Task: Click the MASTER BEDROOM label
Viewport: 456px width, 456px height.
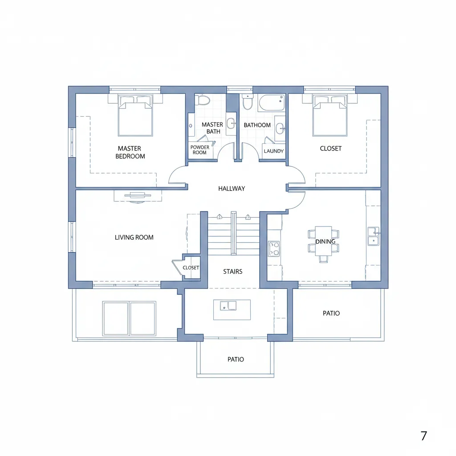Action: coord(130,152)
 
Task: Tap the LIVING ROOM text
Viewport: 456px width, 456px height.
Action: coord(134,237)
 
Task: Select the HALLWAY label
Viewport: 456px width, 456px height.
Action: coord(232,188)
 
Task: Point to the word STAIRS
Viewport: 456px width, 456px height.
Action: coord(232,271)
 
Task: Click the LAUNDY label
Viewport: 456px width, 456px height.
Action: coord(274,151)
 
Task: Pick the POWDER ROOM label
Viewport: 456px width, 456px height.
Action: coord(200,150)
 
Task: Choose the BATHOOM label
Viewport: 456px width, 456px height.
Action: coord(257,125)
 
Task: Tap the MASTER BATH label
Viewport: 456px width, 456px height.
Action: coord(212,128)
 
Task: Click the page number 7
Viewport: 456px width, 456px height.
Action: coord(424,436)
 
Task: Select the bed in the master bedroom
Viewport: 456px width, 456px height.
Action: coord(135,115)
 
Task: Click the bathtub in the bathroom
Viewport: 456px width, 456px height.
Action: coord(271,102)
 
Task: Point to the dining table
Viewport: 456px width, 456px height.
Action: coord(323,241)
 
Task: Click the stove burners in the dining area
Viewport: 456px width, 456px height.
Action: coord(274,248)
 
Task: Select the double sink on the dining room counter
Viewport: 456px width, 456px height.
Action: coord(374,236)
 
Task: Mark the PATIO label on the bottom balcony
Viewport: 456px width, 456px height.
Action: coord(236,359)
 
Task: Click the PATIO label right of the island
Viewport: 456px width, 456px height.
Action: coord(331,313)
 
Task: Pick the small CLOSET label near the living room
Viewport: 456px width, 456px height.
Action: coord(191,268)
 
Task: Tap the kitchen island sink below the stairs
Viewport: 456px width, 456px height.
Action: coord(228,305)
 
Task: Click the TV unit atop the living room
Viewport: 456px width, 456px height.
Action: coord(138,196)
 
